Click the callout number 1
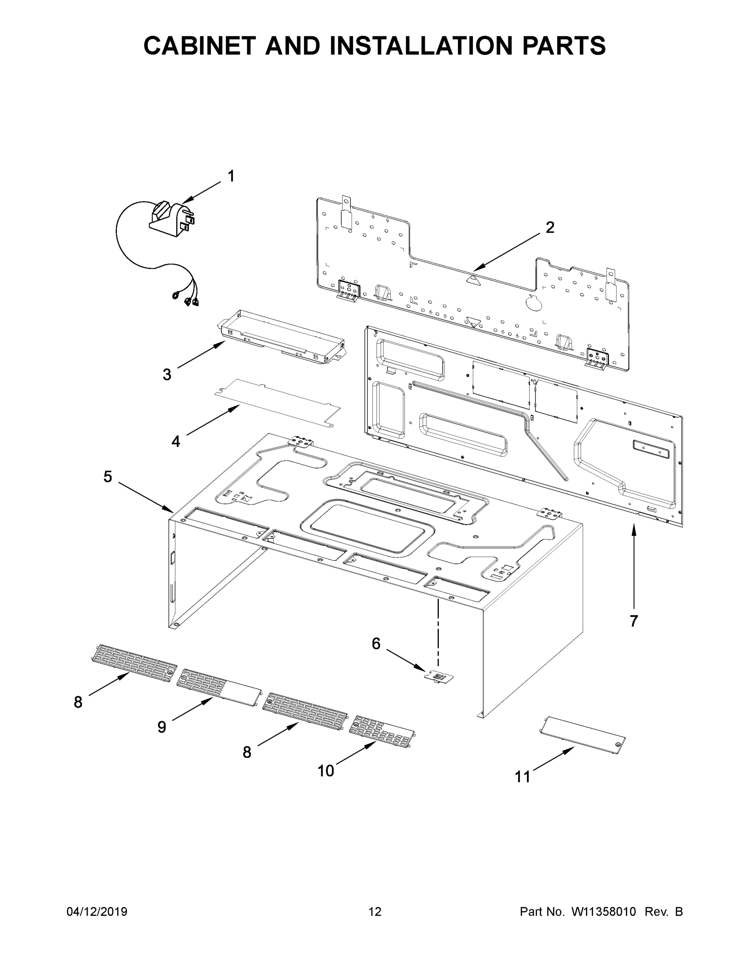pyautogui.click(x=231, y=176)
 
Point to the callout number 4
pyautogui.click(x=176, y=441)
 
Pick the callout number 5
pyautogui.click(x=108, y=477)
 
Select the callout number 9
pyautogui.click(x=162, y=727)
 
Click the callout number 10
pyautogui.click(x=326, y=771)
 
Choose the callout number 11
pyautogui.click(x=522, y=777)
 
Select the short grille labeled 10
pyautogui.click(x=382, y=732)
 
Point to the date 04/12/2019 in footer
pyautogui.click(x=97, y=912)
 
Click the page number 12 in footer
pyautogui.click(x=375, y=912)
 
